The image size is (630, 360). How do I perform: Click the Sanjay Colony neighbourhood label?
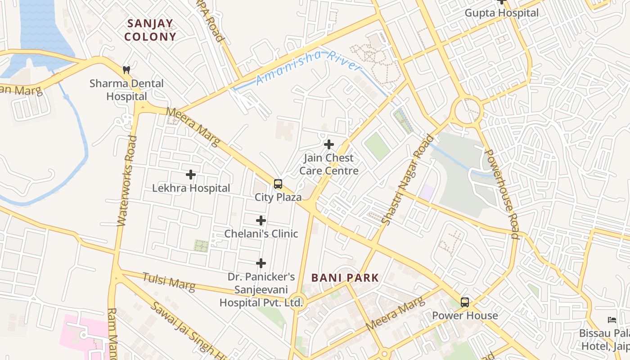(x=150, y=30)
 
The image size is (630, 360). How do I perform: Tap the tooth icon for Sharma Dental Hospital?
(x=126, y=70)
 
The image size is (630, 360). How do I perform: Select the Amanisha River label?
(x=308, y=67)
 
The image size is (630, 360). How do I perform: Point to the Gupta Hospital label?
(x=501, y=13)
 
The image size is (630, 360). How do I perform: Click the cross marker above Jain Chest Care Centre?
(x=329, y=144)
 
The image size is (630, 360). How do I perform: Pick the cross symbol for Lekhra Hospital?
(x=191, y=175)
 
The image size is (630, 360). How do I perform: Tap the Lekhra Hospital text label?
(x=191, y=188)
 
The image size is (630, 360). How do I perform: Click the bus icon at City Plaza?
(x=278, y=184)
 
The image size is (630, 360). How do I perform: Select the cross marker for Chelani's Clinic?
(x=261, y=220)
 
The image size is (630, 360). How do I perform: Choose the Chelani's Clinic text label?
(x=261, y=234)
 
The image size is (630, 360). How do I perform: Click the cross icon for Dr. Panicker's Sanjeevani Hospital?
(x=261, y=263)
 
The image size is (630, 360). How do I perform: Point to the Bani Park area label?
(x=345, y=278)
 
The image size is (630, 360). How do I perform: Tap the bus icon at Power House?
(x=465, y=302)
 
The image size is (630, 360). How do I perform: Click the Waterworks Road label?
(x=126, y=180)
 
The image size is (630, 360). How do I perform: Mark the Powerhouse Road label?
(x=503, y=193)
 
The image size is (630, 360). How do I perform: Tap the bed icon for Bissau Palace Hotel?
(x=612, y=320)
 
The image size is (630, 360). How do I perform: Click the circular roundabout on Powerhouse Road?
(x=468, y=110)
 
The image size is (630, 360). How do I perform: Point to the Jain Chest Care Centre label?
(x=329, y=164)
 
